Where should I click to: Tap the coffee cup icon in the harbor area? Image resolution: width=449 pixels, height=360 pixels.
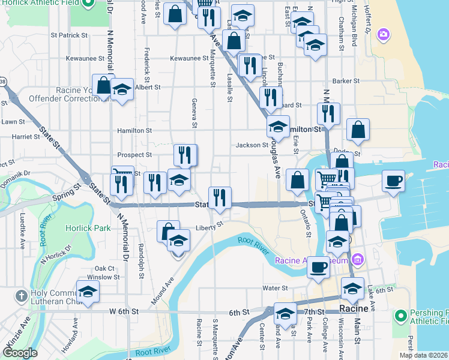[x=393, y=181]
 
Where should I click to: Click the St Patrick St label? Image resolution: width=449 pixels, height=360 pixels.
[x=69, y=35]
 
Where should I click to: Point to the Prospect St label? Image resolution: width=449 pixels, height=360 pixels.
[x=134, y=155]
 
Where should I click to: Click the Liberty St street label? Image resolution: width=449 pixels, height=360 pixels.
[x=209, y=227]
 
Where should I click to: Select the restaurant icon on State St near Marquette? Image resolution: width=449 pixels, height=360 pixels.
[x=220, y=197]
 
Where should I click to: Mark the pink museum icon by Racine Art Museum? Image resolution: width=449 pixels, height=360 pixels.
[x=358, y=260]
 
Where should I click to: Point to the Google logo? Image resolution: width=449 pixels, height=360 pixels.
[x=20, y=353]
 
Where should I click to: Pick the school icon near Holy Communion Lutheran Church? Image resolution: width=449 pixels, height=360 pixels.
[x=88, y=292]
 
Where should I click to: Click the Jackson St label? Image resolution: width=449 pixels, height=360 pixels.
[x=252, y=145]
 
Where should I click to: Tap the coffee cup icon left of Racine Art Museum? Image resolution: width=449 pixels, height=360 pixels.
[x=318, y=267]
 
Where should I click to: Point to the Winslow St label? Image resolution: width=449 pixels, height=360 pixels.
[x=100, y=277]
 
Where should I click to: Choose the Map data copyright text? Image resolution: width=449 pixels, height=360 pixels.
[x=423, y=355]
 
